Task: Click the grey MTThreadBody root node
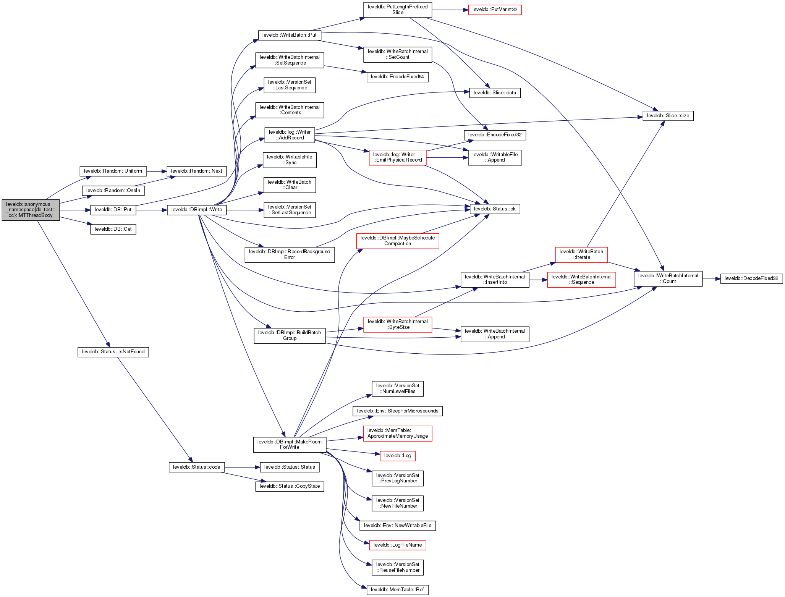click(x=31, y=210)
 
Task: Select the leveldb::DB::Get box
click(x=113, y=229)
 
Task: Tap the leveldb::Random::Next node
click(x=196, y=171)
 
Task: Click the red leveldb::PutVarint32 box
click(x=495, y=10)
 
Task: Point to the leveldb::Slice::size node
click(x=668, y=116)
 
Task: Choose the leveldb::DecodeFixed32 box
click(x=751, y=278)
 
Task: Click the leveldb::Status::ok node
click(x=495, y=209)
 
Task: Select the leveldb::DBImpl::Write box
click(x=196, y=210)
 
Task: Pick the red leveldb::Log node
click(x=397, y=456)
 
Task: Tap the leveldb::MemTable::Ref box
click(x=397, y=590)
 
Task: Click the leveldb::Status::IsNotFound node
click(x=113, y=352)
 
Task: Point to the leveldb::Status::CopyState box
click(x=290, y=486)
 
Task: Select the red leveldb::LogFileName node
click(x=397, y=545)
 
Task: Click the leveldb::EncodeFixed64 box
click(x=397, y=77)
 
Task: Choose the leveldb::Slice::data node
click(x=495, y=93)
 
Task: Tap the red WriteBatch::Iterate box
click(x=581, y=254)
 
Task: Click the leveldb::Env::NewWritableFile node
click(x=397, y=526)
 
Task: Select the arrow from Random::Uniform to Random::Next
click(x=156, y=171)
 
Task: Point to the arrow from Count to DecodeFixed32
click(x=711, y=279)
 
